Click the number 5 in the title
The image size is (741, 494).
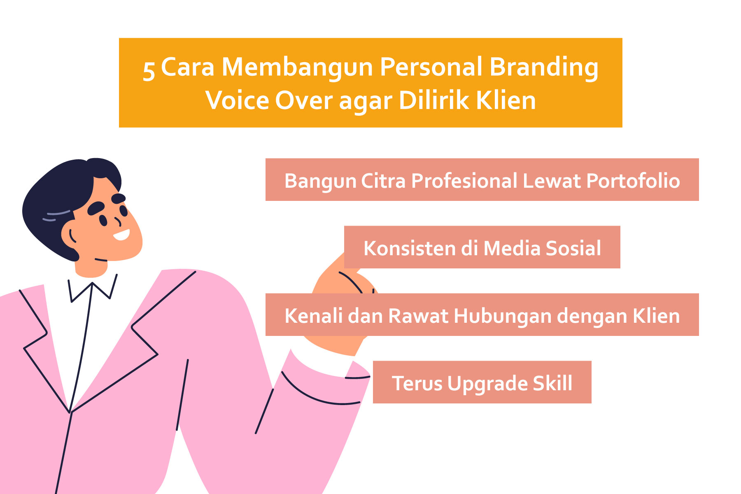149,70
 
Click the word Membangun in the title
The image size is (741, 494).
297,67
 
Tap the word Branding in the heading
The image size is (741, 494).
544,67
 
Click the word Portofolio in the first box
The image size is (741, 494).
633,181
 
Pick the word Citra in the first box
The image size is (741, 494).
383,181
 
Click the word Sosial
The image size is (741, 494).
573,248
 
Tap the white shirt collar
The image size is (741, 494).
93,288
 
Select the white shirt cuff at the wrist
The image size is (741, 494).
321,362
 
